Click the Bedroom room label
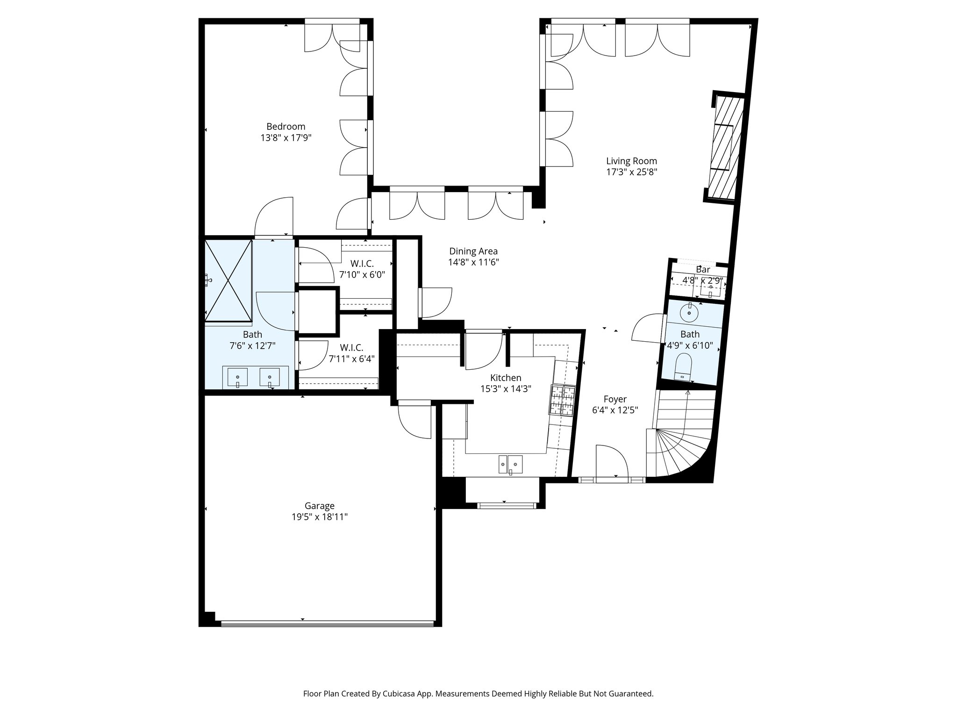point(286,126)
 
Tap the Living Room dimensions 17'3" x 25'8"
point(631,172)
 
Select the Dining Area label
point(473,251)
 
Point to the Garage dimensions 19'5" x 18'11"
point(320,517)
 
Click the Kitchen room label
point(506,378)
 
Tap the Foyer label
point(615,399)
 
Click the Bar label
point(703,270)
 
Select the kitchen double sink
point(510,464)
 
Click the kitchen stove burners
point(563,400)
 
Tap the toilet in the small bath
point(683,367)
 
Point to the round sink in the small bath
point(689,312)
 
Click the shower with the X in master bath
point(229,280)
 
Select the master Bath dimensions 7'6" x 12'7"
point(252,346)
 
